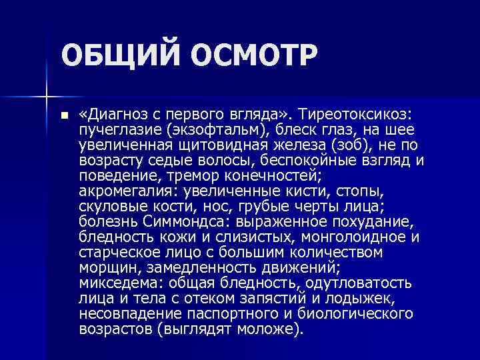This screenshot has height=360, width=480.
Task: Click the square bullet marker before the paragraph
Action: (63, 115)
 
